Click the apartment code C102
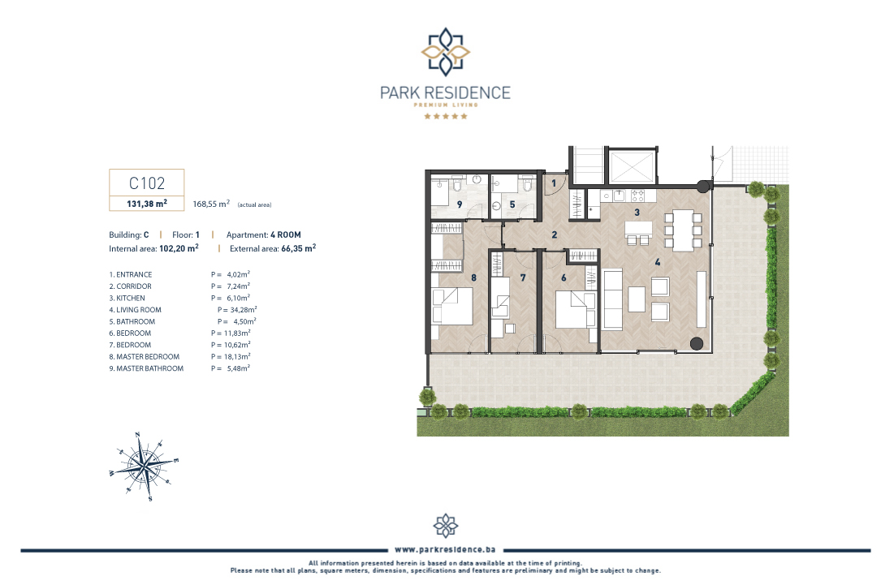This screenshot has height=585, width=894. click(146, 183)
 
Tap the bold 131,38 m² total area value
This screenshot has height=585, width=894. click(146, 204)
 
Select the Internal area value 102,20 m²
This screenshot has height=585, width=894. click(179, 248)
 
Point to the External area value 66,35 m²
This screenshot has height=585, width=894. click(298, 248)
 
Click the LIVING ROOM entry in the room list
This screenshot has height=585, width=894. click(139, 310)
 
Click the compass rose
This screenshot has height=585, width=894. click(145, 466)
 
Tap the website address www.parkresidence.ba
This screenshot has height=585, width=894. click(445, 549)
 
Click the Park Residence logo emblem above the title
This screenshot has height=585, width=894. click(445, 52)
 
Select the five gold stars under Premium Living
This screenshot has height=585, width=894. click(445, 116)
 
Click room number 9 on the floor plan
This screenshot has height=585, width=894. click(460, 204)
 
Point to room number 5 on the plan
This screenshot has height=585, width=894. click(512, 204)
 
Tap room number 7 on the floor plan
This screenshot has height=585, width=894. click(523, 278)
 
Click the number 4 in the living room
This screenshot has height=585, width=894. click(658, 262)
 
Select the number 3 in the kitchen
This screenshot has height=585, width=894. click(637, 212)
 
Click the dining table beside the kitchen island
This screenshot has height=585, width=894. click(682, 230)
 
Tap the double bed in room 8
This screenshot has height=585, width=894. click(453, 306)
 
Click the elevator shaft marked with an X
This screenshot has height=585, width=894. click(632, 166)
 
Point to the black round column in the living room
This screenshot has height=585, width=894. click(696, 343)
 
